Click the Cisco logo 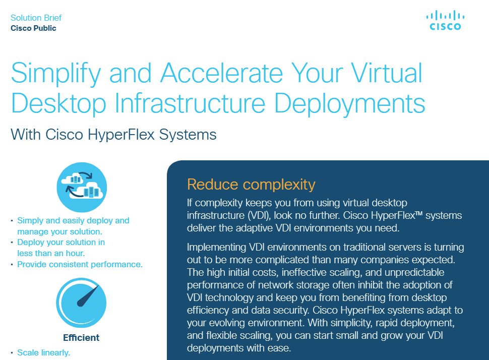click(x=445, y=21)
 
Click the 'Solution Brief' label click(x=36, y=18)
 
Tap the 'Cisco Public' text click(x=33, y=28)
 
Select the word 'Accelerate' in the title click(x=221, y=73)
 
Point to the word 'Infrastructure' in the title click(x=190, y=103)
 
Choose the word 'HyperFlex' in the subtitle click(x=121, y=135)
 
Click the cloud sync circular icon click(x=82, y=187)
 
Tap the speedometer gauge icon click(x=81, y=303)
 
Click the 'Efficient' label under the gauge click(x=81, y=337)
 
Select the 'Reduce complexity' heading click(x=251, y=185)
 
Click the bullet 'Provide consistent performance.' click(x=80, y=265)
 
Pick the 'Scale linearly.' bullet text click(x=44, y=352)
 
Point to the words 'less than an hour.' click(x=51, y=253)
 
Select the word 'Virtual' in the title click(x=387, y=73)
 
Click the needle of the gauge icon click(x=88, y=296)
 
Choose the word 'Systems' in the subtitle click(x=188, y=135)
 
